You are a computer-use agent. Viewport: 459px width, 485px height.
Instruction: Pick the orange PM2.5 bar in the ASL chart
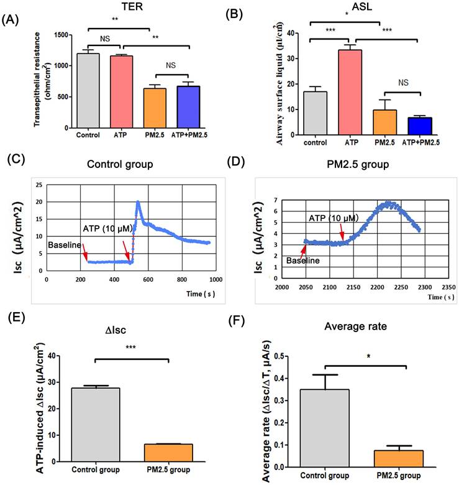click(386, 119)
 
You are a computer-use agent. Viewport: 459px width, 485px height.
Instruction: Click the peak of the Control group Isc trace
click(137, 202)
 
